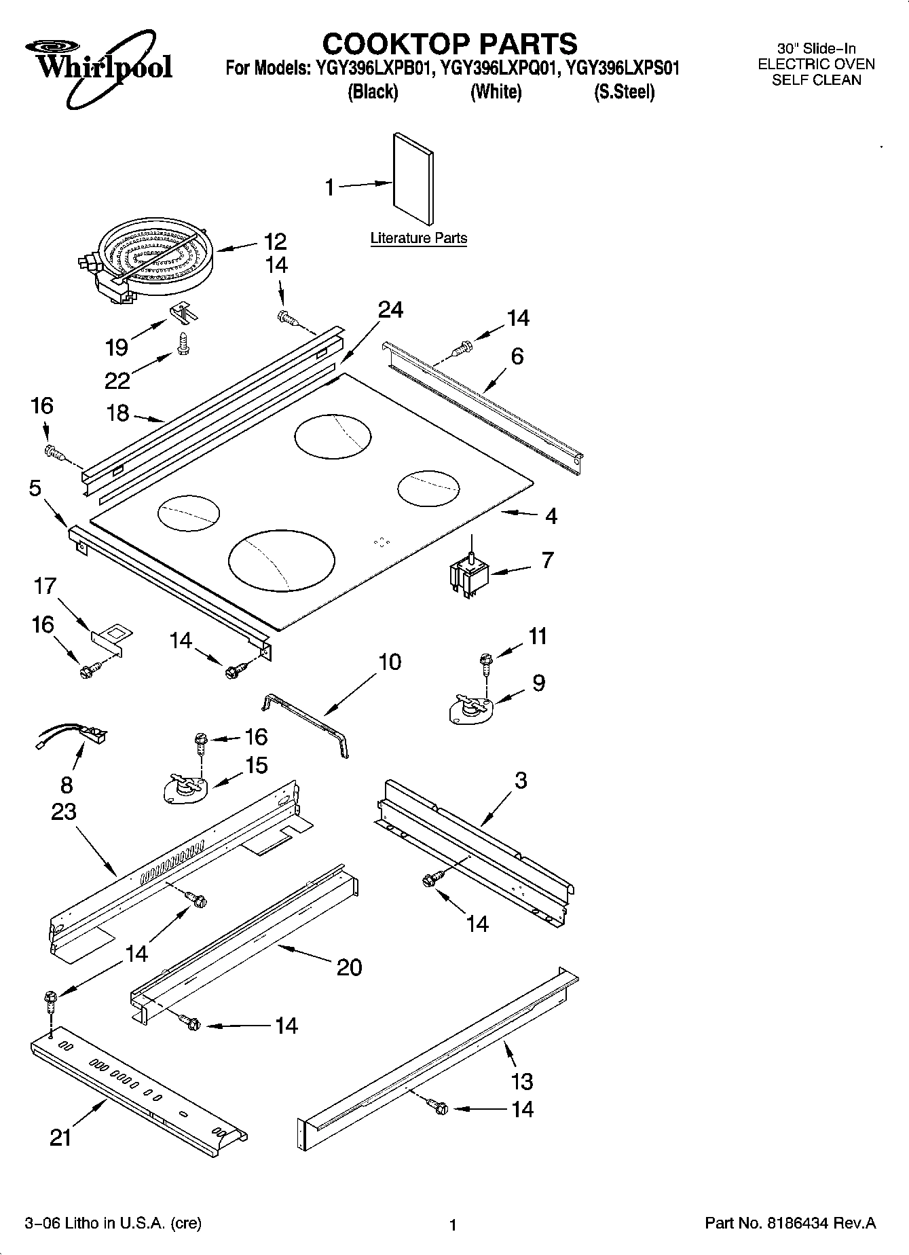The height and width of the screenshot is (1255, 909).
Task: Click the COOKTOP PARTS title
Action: click(449, 43)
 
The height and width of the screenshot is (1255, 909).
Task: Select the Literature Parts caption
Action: click(418, 238)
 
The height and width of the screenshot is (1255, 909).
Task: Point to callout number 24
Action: click(390, 310)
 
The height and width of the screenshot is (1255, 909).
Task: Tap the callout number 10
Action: click(390, 662)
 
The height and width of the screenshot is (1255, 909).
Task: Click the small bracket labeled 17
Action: click(112, 639)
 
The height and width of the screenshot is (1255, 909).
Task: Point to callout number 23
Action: click(64, 811)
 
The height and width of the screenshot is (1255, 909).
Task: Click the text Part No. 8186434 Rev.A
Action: click(790, 1224)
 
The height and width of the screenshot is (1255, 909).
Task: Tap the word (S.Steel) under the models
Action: click(624, 92)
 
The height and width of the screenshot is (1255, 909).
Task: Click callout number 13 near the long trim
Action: click(521, 1081)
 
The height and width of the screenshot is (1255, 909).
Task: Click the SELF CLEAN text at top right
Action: click(816, 80)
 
